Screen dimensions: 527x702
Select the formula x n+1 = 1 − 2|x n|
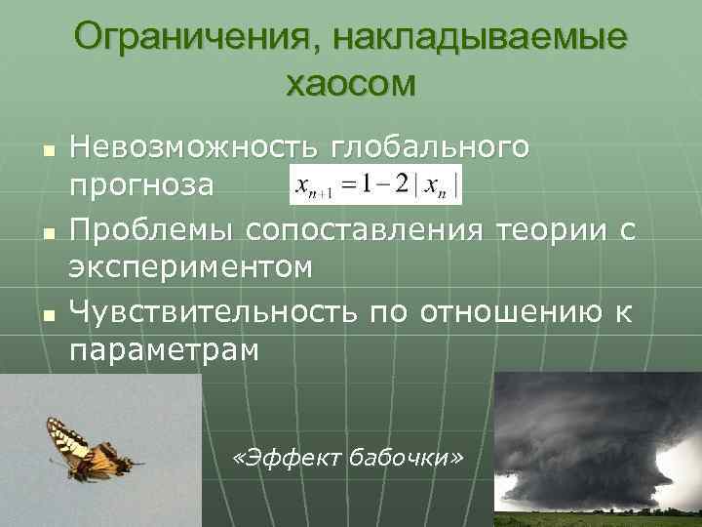pyautogui.click(x=375, y=183)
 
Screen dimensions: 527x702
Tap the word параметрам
pyautogui.click(x=165, y=349)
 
